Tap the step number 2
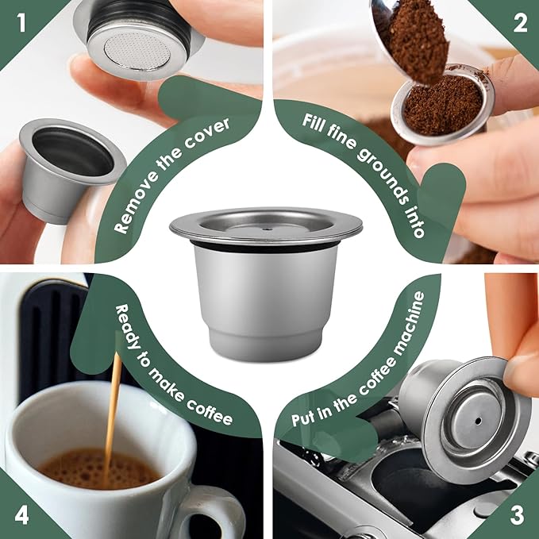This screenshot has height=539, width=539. click(519, 22)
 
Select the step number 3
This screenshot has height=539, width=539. click(517, 515)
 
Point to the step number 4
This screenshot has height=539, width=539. click(21, 515)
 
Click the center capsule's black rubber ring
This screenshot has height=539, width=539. click(265, 248)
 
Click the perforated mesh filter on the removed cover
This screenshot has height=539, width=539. click(141, 48)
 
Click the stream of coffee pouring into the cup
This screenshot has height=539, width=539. click(112, 413)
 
